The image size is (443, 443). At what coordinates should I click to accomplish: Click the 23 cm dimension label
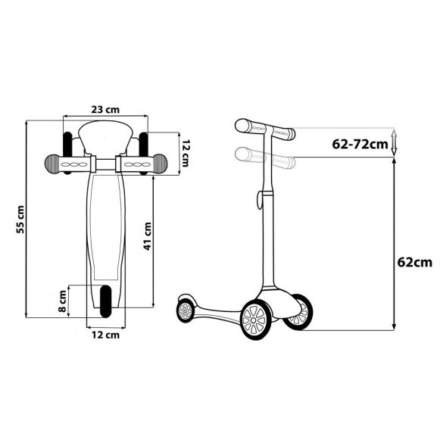point(105,110)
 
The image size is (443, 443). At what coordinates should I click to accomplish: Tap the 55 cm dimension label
point(20,220)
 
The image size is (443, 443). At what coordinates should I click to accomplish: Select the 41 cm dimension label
point(148,236)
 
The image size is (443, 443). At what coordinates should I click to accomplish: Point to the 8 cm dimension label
point(62,301)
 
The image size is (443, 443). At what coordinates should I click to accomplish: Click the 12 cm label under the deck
point(106,335)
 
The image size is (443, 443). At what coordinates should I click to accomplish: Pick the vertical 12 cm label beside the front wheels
point(185,153)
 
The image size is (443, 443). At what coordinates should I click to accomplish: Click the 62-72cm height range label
point(360,145)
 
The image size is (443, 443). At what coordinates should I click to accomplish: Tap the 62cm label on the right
point(415,263)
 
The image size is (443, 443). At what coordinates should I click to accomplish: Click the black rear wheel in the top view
point(106,301)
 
